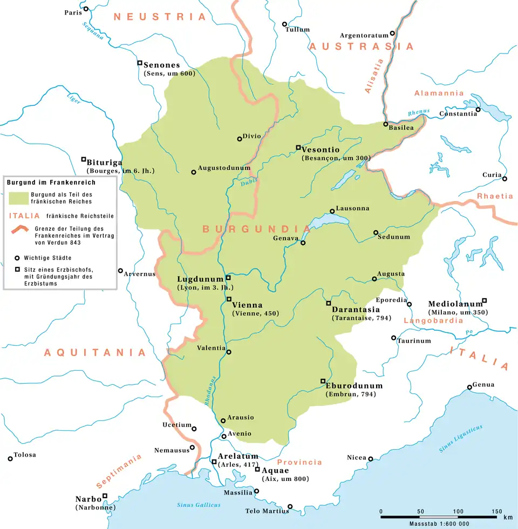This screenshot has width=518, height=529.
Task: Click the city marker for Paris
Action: click(85, 9)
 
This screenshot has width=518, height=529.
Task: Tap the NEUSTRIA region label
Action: click(160, 17)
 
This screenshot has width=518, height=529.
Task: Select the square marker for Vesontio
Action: click(298, 148)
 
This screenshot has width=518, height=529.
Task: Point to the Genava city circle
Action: click(303, 243)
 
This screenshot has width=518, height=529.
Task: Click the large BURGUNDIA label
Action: click(256, 229)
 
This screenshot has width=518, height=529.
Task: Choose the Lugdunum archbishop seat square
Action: click(228, 278)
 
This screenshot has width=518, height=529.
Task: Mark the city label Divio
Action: click(252, 137)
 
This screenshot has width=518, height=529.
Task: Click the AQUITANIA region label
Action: click(95, 352)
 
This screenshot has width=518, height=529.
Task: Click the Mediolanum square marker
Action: click(484, 300)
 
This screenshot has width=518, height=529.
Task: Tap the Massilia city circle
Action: click(256, 491)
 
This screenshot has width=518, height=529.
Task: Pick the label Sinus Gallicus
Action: click(199, 505)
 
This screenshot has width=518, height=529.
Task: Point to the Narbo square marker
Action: click(105, 495)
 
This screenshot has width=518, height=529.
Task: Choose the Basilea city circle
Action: click(385, 124)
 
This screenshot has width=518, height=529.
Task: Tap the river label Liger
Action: click(73, 98)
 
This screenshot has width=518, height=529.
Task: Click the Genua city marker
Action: click(469, 387)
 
